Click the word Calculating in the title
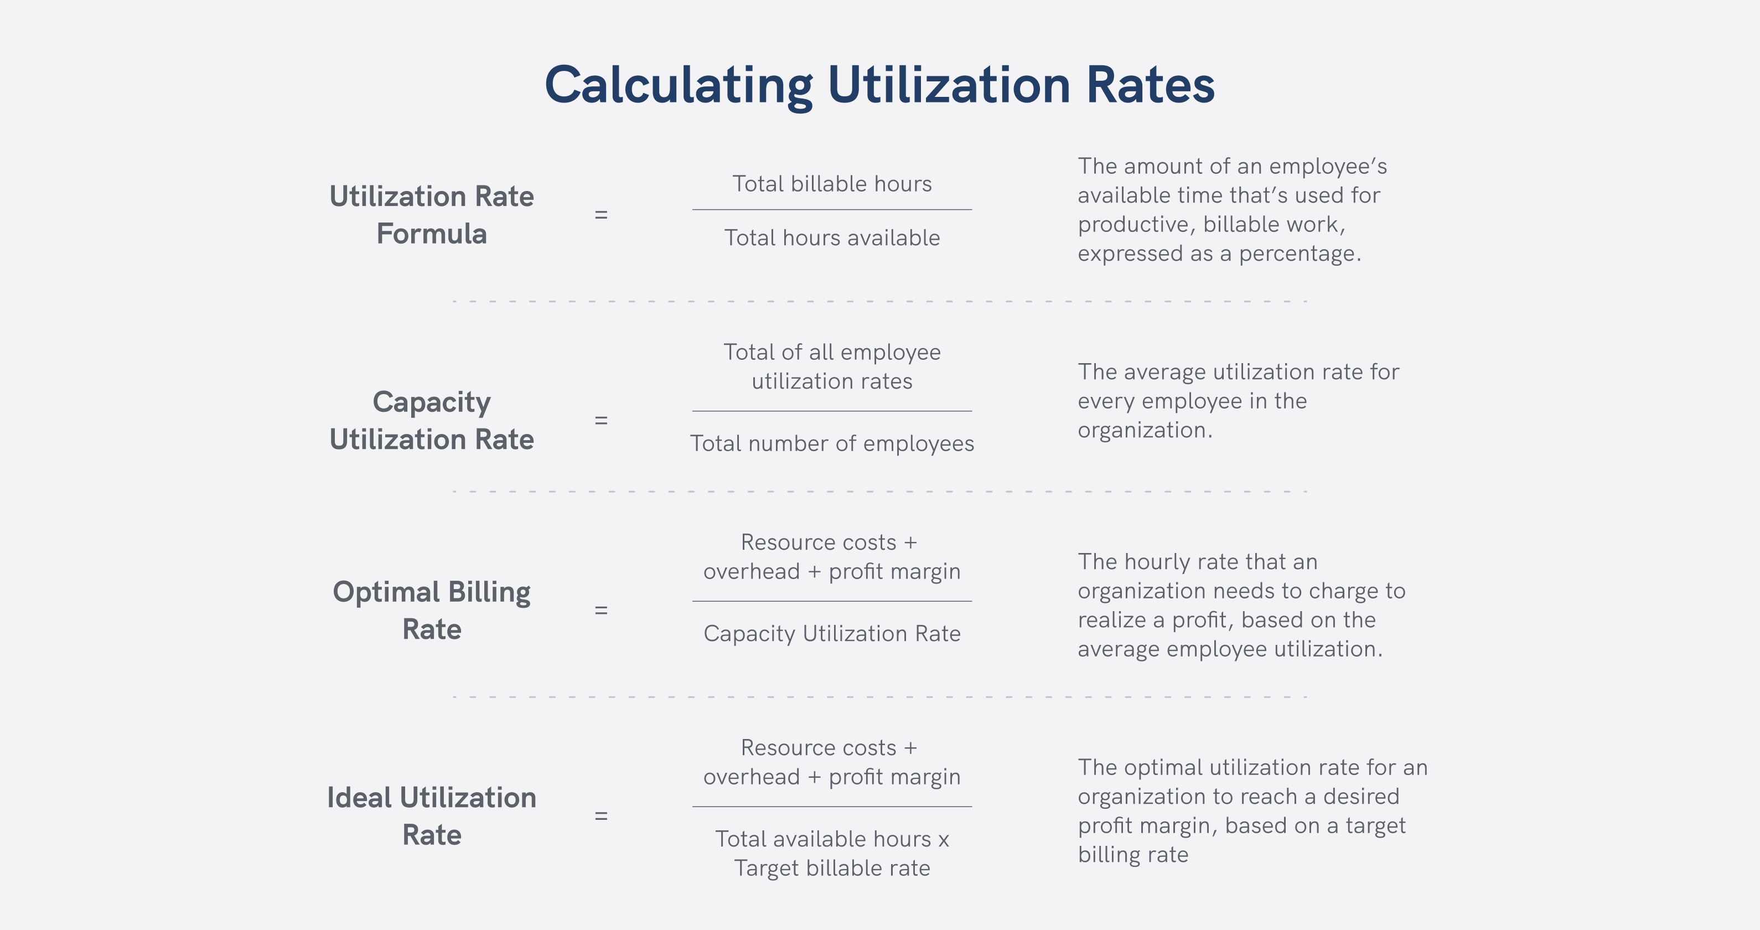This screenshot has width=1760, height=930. (x=679, y=86)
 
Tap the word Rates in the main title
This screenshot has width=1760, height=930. (x=1150, y=86)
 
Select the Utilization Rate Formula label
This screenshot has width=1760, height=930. (x=432, y=215)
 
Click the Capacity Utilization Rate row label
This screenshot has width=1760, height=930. (x=432, y=420)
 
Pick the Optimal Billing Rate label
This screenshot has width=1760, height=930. (x=432, y=610)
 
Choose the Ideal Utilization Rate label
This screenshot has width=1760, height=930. (x=432, y=816)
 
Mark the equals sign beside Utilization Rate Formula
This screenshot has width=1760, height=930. (x=601, y=215)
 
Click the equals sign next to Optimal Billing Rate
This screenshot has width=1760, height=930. (x=601, y=610)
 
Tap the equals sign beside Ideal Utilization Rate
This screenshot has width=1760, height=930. (x=601, y=816)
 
